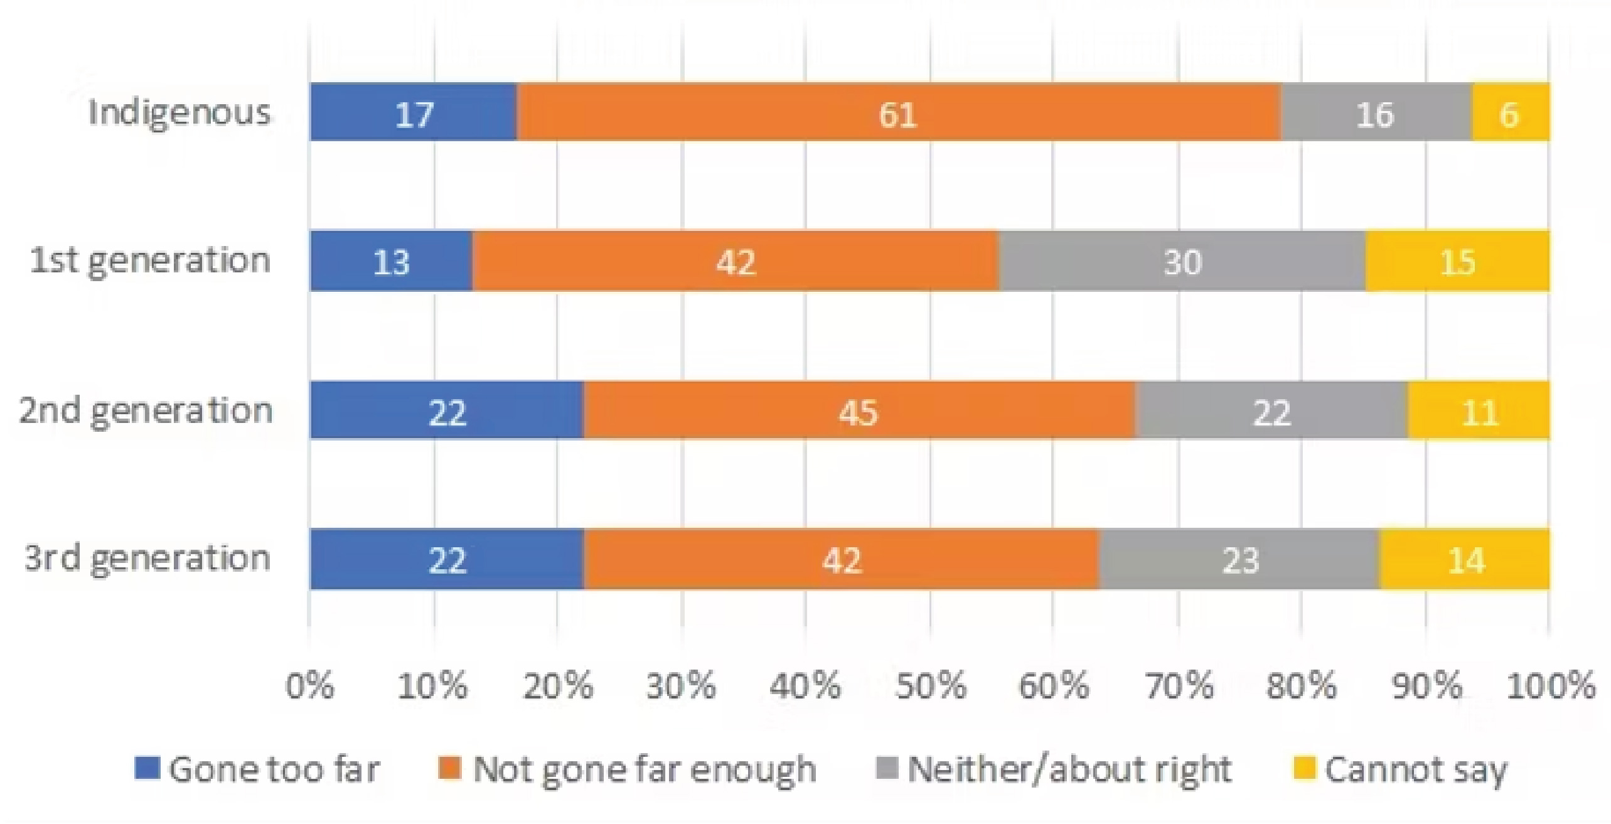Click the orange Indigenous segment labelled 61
(899, 113)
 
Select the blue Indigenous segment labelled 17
(414, 113)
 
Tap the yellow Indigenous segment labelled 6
(1510, 113)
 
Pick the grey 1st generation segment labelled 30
(1182, 261)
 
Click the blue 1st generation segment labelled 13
(391, 261)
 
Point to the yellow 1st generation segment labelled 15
(1457, 261)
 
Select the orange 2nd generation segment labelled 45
(859, 411)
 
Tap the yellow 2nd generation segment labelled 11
(1479, 411)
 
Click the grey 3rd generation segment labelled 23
(1239, 560)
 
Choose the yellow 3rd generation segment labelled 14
(1465, 560)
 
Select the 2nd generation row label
(146, 411)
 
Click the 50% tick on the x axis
(930, 685)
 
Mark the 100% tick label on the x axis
(1551, 685)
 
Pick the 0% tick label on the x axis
(309, 685)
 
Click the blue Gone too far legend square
(147, 768)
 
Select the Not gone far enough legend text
(645, 769)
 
